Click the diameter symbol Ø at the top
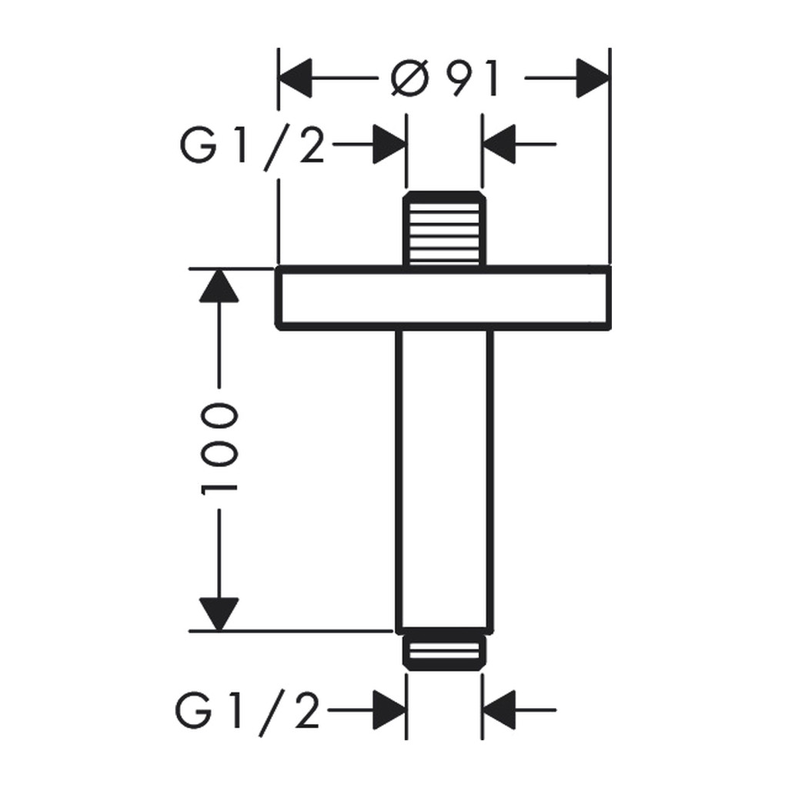410,78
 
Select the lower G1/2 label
247,712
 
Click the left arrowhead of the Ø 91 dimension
295,78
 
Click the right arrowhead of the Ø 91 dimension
593,78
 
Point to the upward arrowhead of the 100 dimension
219,286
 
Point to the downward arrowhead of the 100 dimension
219,614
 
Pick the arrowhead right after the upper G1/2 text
389,144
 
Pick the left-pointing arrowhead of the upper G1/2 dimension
499,144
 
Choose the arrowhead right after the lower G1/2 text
389,710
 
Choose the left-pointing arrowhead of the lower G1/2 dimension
499,710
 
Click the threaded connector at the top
445,229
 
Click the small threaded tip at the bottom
445,652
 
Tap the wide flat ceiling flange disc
443,298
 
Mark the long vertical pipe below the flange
445,480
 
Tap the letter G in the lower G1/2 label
193,712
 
